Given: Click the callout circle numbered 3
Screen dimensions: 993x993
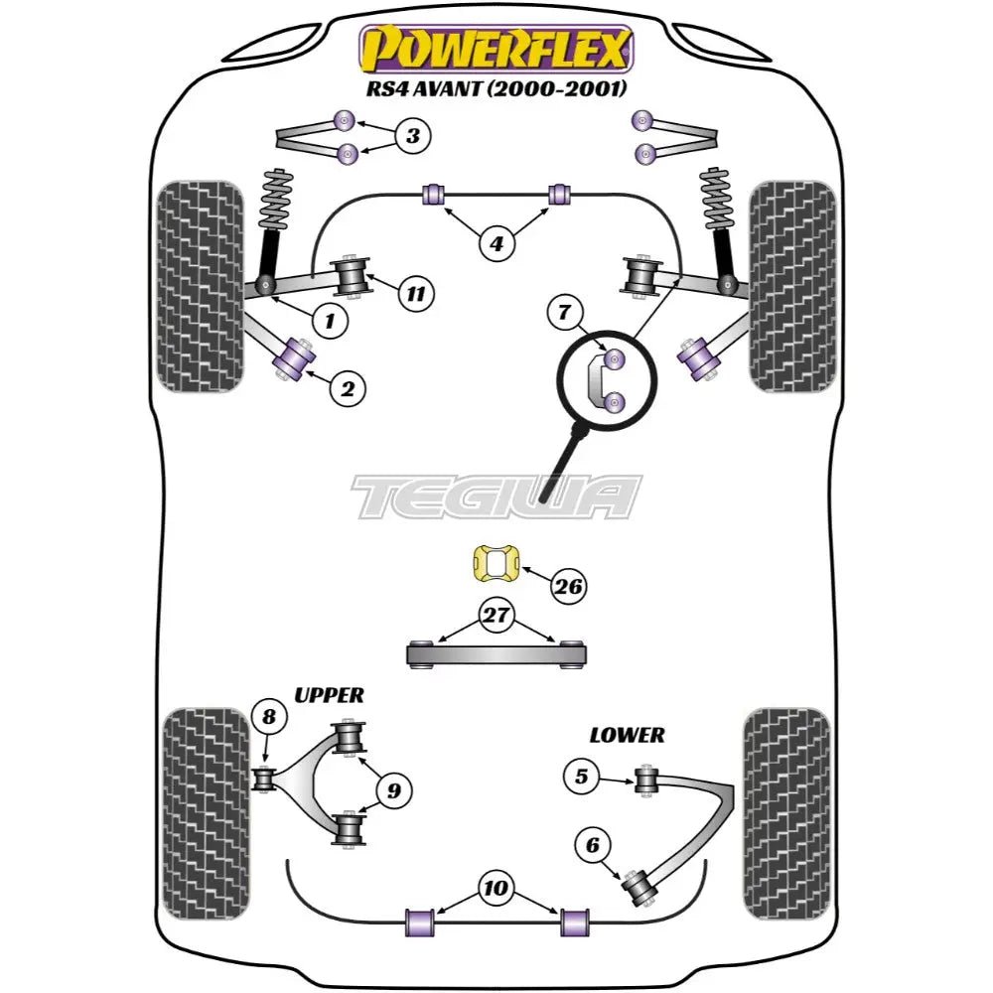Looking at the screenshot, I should pyautogui.click(x=412, y=136).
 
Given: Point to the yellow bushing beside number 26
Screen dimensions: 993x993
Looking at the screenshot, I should pyautogui.click(x=488, y=566).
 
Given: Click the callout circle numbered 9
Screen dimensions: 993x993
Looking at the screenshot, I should pyautogui.click(x=394, y=791).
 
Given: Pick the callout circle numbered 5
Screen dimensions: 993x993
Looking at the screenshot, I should pyautogui.click(x=583, y=777).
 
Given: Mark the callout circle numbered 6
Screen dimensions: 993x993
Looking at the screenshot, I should pyautogui.click(x=593, y=845).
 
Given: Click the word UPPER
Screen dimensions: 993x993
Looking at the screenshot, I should pyautogui.click(x=329, y=695).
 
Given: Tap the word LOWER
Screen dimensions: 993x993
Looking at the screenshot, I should pyautogui.click(x=626, y=735).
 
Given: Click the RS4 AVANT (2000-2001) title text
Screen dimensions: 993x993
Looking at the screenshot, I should pyautogui.click(x=494, y=88).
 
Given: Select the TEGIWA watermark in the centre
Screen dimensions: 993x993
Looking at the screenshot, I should pyautogui.click(x=496, y=496).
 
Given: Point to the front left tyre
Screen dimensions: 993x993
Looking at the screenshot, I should pyautogui.click(x=200, y=285).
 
